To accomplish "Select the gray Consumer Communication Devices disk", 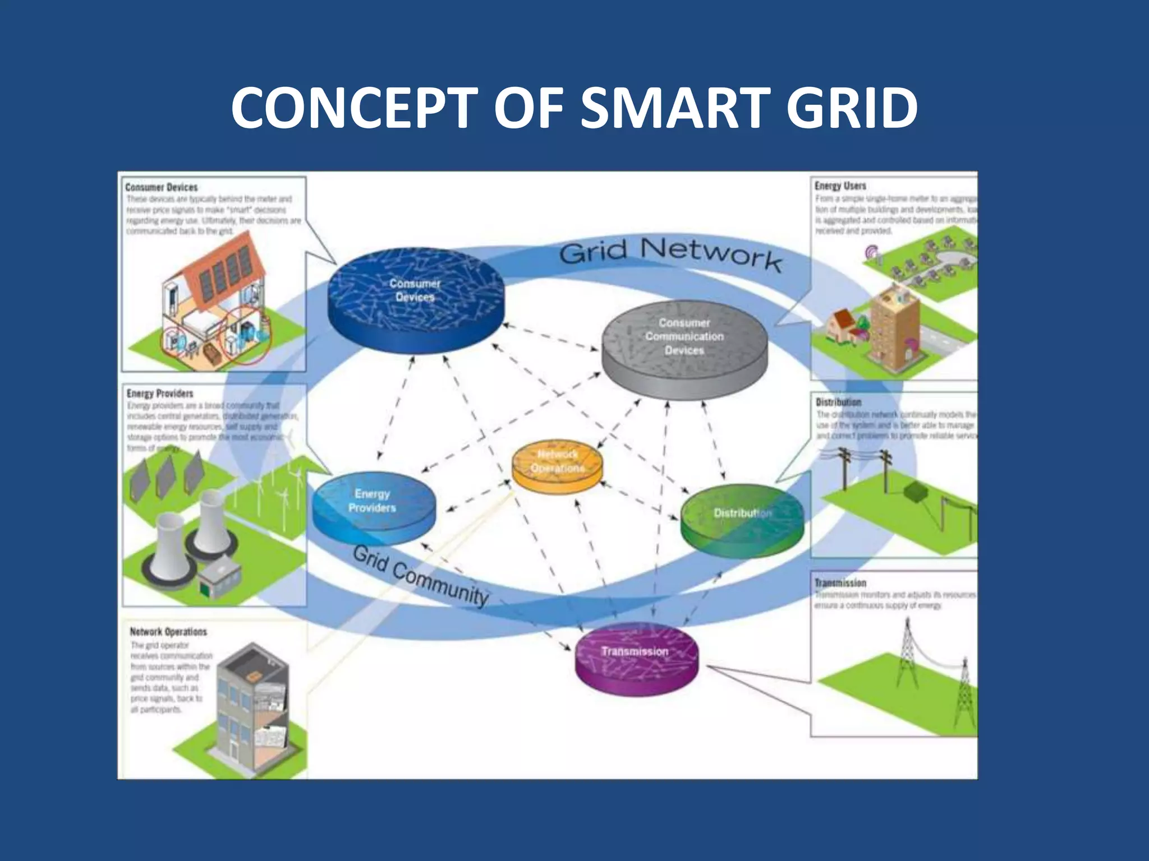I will click(684, 348).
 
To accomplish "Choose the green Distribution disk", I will click(742, 519).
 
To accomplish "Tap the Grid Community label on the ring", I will click(421, 575).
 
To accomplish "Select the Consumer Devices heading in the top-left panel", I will click(162, 187).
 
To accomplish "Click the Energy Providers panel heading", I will click(160, 394).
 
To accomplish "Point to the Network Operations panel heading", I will click(168, 632).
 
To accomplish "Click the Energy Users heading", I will click(840, 186).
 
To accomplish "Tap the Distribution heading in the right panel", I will click(838, 402).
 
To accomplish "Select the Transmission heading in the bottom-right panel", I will click(840, 583).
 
